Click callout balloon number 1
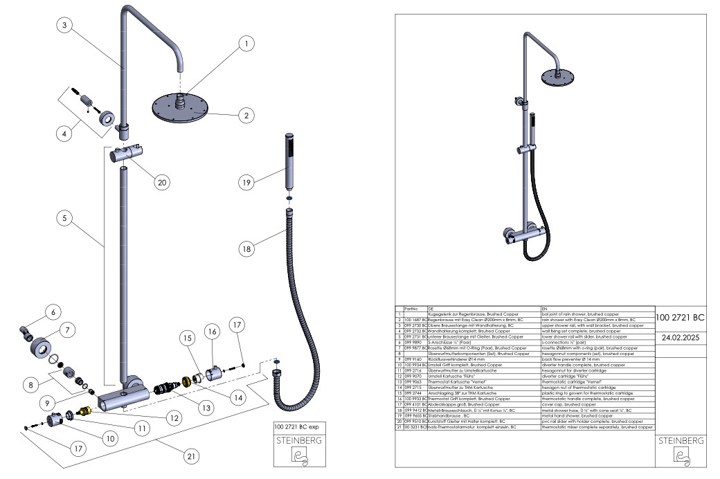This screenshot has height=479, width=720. tap(244, 44)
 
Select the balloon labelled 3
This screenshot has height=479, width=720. tap(64, 25)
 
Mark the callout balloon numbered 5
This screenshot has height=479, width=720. tap(64, 217)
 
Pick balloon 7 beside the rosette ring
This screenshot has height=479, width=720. tap(67, 330)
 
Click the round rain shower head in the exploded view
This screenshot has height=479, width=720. tap(178, 109)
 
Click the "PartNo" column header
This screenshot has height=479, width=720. tap(411, 308)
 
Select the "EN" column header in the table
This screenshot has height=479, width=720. tap(544, 308)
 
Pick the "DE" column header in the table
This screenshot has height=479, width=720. tap(431, 308)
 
